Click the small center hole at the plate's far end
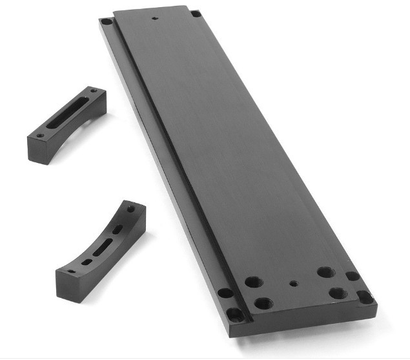[x=153, y=18]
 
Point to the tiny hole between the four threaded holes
[x=293, y=282]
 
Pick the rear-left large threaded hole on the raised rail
[x=251, y=281]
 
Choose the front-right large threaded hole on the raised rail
[x=338, y=293]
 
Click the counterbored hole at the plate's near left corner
[x=235, y=315]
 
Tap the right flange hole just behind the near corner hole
[x=353, y=276]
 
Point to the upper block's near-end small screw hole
[x=40, y=136]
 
